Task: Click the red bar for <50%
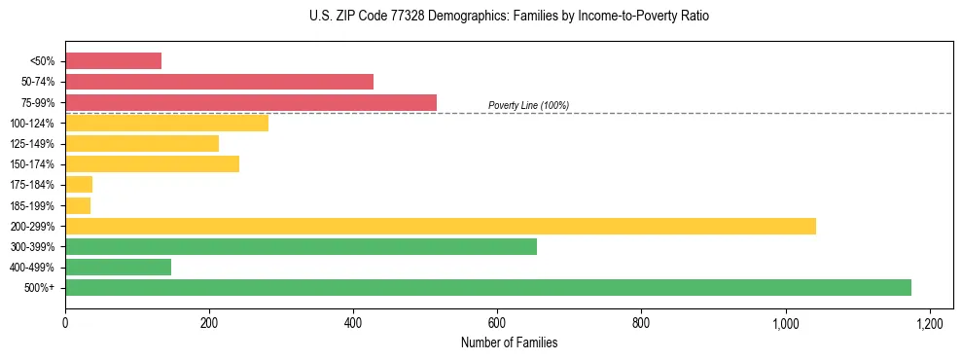pyautogui.click(x=113, y=61)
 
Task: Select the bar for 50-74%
pyautogui.click(x=219, y=82)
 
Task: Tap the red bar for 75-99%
pyautogui.click(x=251, y=102)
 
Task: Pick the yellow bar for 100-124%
pyautogui.click(x=166, y=123)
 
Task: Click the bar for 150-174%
pyautogui.click(x=152, y=164)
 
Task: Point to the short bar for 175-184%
pyautogui.click(x=79, y=185)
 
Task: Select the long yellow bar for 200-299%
pyautogui.click(x=440, y=226)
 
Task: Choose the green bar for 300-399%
pyautogui.click(x=301, y=247)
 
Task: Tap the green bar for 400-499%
pyautogui.click(x=118, y=268)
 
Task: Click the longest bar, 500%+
pyautogui.click(x=487, y=288)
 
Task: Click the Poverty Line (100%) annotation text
pyautogui.click(x=528, y=105)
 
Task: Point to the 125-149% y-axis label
pyautogui.click(x=33, y=144)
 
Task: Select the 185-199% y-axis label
pyautogui.click(x=33, y=206)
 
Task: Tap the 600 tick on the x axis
pyautogui.click(x=497, y=323)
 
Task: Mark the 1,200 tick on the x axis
pyautogui.click(x=930, y=323)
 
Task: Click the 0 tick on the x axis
pyautogui.click(x=65, y=323)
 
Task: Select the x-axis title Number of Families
pyautogui.click(x=509, y=342)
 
